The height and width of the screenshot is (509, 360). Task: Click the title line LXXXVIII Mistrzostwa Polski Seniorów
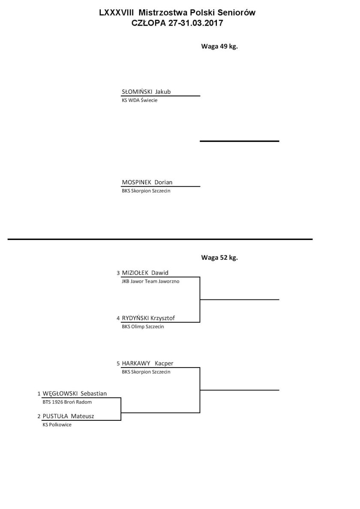(177, 13)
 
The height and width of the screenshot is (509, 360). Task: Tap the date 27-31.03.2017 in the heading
(195, 23)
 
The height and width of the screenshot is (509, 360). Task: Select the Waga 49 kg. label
(219, 46)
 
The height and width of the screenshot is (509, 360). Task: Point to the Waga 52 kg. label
(219, 257)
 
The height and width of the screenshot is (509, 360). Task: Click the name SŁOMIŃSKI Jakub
(146, 92)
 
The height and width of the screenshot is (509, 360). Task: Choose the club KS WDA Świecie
(140, 100)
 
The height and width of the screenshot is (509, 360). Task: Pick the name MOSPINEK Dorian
(147, 182)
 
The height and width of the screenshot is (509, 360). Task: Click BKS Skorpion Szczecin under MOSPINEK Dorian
(146, 191)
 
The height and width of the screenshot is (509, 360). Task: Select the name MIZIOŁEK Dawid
(145, 272)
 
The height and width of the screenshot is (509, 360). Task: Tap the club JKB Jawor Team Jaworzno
(150, 281)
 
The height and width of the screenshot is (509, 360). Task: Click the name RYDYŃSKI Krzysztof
(148, 318)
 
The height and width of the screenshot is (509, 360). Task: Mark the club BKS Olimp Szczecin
(143, 326)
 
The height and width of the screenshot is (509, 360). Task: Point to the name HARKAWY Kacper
(148, 363)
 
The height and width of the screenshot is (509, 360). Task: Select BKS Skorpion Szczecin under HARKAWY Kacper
(146, 372)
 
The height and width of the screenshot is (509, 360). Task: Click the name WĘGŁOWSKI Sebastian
(75, 393)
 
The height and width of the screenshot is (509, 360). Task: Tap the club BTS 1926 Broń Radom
(67, 402)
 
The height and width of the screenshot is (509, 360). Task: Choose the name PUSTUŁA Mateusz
(68, 416)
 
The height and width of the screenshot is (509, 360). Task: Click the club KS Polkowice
(57, 425)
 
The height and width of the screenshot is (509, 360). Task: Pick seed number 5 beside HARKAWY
(118, 364)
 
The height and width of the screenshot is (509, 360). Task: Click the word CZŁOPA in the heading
(149, 23)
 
